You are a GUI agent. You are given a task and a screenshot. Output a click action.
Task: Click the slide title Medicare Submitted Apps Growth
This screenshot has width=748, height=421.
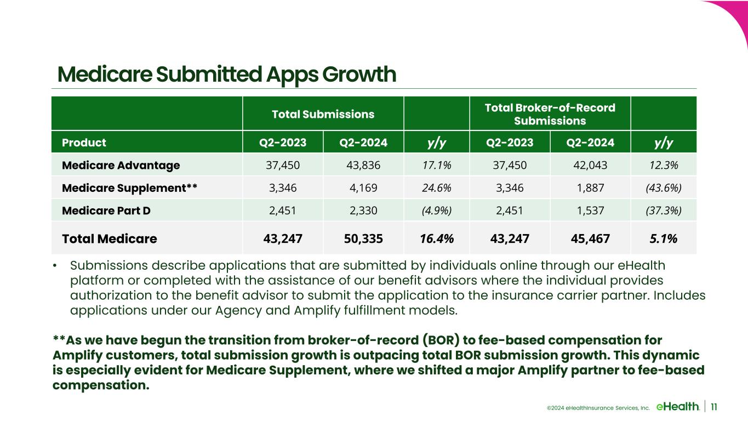click(x=227, y=75)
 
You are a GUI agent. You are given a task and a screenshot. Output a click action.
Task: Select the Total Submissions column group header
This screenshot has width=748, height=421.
click(x=323, y=115)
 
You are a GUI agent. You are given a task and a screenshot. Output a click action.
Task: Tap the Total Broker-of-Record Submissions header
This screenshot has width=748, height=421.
click(x=550, y=115)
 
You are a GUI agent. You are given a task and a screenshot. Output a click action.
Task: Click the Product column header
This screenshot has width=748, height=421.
click(x=84, y=143)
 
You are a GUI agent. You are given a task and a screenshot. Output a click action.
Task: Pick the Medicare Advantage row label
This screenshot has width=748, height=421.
click(x=121, y=165)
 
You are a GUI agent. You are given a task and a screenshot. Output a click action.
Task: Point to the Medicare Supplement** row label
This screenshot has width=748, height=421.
click(x=129, y=188)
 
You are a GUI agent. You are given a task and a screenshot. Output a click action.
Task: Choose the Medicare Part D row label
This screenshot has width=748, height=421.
click(x=106, y=210)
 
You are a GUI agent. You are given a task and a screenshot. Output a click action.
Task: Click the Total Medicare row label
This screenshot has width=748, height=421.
click(x=109, y=238)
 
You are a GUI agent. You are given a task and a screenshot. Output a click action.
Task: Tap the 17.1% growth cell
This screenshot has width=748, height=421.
click(x=436, y=165)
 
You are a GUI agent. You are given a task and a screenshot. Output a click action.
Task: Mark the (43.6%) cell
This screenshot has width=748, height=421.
click(x=663, y=188)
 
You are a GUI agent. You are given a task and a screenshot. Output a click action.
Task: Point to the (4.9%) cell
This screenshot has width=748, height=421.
click(x=436, y=210)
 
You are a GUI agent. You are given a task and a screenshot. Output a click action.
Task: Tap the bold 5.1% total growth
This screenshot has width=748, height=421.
click(x=663, y=238)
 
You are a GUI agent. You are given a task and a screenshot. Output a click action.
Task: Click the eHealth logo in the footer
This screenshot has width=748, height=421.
click(x=677, y=406)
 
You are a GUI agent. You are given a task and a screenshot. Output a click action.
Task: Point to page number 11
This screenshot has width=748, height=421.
click(x=715, y=406)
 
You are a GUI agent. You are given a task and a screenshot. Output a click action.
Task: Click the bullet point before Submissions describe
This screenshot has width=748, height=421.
click(x=55, y=266)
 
